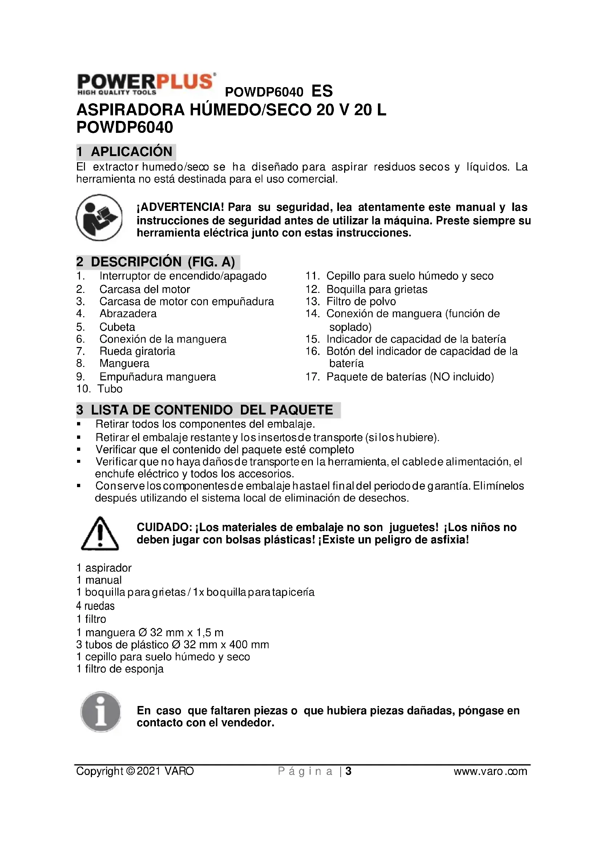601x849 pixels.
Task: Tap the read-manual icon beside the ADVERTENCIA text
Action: pyautogui.click(x=99, y=217)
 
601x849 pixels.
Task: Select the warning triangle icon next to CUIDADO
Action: pyautogui.click(x=100, y=534)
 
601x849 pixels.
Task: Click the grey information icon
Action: pyautogui.click(x=100, y=712)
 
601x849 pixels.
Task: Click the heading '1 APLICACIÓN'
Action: pyautogui.click(x=126, y=152)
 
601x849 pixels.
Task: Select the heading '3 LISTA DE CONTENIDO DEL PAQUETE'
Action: pyautogui.click(x=208, y=410)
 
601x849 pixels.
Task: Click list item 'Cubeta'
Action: pyautogui.click(x=117, y=327)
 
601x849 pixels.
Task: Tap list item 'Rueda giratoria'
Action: pyautogui.click(x=137, y=351)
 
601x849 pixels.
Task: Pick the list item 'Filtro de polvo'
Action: pyautogui.click(x=361, y=301)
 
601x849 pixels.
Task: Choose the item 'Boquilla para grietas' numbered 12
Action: pyautogui.click(x=376, y=289)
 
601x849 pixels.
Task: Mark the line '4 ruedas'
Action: pyautogui.click(x=96, y=606)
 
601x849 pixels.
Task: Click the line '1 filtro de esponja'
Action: pyautogui.click(x=120, y=669)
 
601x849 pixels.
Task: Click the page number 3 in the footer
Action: pyautogui.click(x=348, y=771)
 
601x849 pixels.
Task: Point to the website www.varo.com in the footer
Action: pyautogui.click(x=490, y=771)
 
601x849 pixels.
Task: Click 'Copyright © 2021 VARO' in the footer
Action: pyautogui.click(x=135, y=771)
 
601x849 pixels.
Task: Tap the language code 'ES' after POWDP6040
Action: pyautogui.click(x=322, y=91)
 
